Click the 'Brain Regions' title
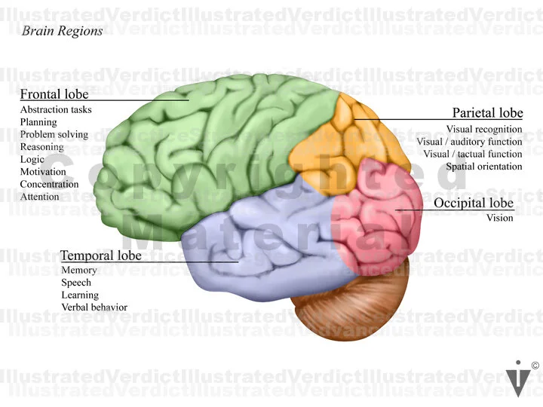point(63,31)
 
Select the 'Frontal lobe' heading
point(54,94)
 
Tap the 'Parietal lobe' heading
point(487,113)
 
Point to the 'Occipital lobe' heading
point(474,203)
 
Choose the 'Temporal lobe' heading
point(101,256)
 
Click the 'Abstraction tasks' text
point(56,110)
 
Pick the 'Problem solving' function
point(54,135)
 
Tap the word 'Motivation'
point(43,172)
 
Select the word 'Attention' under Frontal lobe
point(39,197)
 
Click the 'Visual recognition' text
point(484,130)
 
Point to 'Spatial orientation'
point(484,167)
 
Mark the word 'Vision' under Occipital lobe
point(499,219)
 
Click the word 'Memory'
point(79,271)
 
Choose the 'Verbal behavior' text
point(94,308)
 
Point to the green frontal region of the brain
point(196,151)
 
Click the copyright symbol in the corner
point(535,366)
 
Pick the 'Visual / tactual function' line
point(473,155)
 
